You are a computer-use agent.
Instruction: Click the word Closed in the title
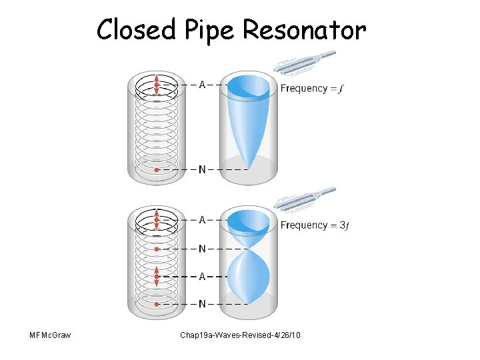[137, 29]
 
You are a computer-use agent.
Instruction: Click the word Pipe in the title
[209, 31]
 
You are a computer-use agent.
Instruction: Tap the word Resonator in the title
[304, 29]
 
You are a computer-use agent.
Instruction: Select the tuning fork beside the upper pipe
[305, 63]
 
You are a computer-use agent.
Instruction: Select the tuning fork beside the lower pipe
[305, 199]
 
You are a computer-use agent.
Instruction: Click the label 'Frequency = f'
[312, 89]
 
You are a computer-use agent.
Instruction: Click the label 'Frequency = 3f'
[315, 225]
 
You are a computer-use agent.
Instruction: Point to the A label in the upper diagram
[202, 85]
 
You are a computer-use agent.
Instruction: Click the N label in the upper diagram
[202, 169]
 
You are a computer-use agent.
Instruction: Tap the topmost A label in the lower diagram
[202, 220]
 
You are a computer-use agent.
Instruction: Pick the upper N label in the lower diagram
[202, 249]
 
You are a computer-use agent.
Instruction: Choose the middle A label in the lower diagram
[202, 277]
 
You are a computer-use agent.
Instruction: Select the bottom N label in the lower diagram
[202, 304]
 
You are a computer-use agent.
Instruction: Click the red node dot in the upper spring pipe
[157, 169]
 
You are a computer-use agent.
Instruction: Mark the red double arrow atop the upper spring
[157, 85]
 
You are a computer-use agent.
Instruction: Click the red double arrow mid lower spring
[157, 277]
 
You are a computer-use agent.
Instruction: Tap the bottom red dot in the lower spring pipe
[157, 304]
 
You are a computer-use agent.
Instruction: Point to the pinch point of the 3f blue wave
[248, 249]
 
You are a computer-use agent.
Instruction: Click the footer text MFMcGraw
[50, 335]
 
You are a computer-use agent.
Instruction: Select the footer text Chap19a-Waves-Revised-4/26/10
[240, 335]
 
